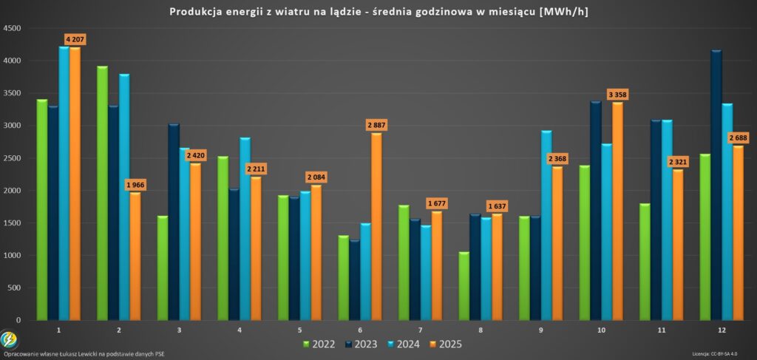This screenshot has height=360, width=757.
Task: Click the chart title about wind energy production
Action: [x=378, y=12]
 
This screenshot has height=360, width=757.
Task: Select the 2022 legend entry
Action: [x=319, y=344]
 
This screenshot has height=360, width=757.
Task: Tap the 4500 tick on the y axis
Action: [x=12, y=28]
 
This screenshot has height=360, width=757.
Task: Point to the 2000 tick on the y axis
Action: [x=12, y=191]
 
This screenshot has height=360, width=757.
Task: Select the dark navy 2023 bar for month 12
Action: [x=716, y=185]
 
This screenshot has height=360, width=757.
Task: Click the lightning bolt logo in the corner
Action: [x=9, y=339]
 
